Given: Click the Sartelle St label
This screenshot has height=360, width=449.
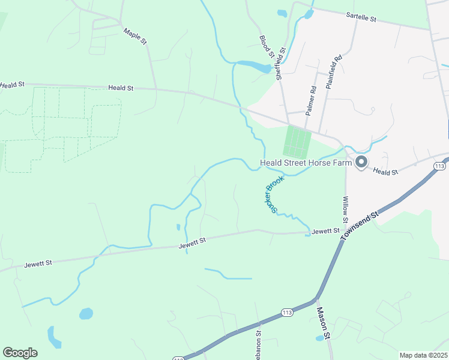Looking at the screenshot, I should (361, 19).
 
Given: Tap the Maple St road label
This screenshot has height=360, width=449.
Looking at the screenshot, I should (135, 36).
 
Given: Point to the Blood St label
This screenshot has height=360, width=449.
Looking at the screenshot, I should (267, 47).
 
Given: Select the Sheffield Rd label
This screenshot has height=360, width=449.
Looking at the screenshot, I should (279, 65).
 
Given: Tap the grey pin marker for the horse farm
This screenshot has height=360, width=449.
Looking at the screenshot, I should (361, 163).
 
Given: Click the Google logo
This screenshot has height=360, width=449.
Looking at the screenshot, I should (20, 353).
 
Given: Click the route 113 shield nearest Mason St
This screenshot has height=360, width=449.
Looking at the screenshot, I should (286, 312).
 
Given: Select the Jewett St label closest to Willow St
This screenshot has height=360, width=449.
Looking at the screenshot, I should (325, 230).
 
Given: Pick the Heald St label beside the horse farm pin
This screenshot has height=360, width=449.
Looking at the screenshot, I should (385, 172).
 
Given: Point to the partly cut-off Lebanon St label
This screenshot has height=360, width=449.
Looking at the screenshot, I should (259, 345).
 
